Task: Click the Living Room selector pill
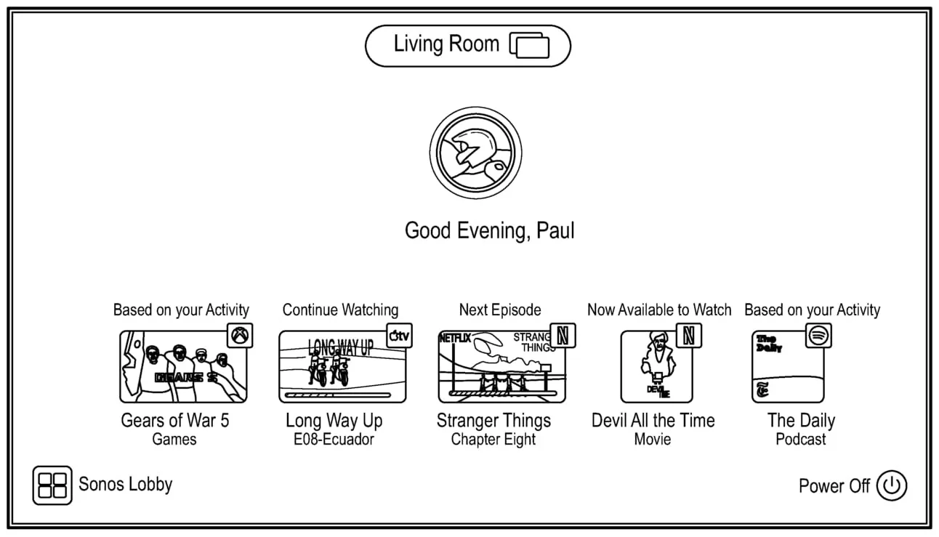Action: click(x=467, y=45)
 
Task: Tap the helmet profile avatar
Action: click(x=475, y=153)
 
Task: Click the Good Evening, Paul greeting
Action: click(x=489, y=231)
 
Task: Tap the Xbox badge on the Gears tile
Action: click(x=241, y=336)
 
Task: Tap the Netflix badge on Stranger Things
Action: click(x=563, y=336)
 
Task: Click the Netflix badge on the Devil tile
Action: click(x=689, y=336)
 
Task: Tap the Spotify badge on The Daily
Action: click(x=818, y=336)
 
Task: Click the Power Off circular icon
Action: click(x=891, y=485)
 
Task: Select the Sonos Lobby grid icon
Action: click(x=52, y=485)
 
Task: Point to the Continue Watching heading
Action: click(x=340, y=310)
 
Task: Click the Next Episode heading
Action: click(x=500, y=310)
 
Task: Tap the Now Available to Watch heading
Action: click(x=659, y=310)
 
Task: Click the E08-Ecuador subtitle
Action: click(x=329, y=440)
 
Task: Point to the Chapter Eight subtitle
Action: click(x=493, y=440)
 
